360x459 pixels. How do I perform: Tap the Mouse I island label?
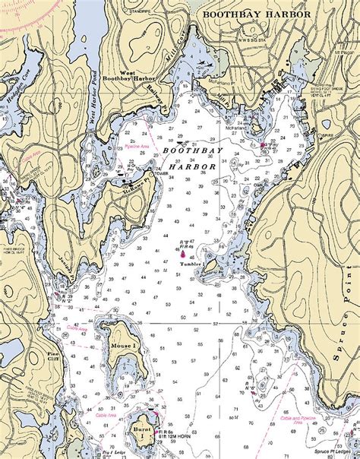(123, 346)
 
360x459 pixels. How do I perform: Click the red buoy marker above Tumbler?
(183, 254)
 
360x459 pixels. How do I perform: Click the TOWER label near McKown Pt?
(160, 173)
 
